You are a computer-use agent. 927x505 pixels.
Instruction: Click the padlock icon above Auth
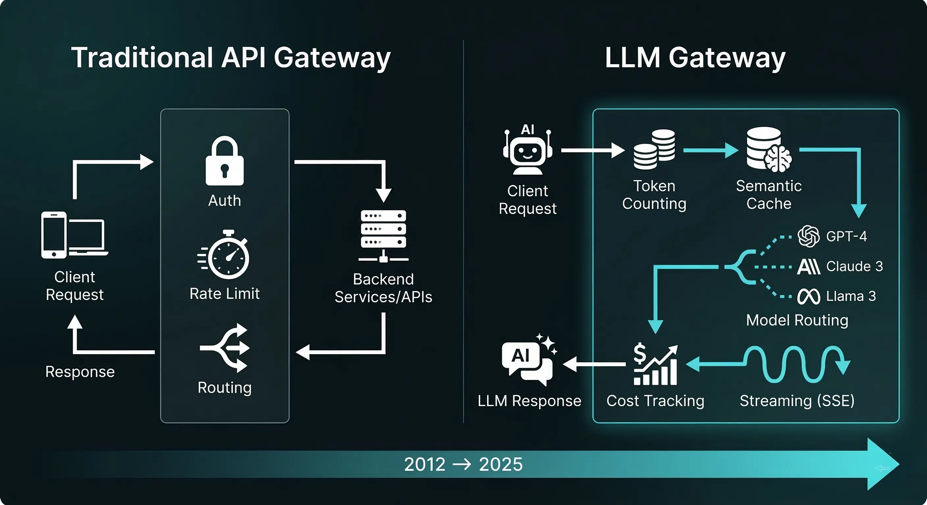225,161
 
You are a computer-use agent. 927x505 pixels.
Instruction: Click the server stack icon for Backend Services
384,235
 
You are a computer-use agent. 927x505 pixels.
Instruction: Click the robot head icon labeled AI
528,151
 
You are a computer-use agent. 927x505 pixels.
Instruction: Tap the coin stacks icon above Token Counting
654,149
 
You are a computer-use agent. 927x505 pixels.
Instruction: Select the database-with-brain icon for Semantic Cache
768,149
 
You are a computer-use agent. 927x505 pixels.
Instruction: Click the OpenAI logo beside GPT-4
808,236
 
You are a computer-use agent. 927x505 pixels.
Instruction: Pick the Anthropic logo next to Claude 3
808,267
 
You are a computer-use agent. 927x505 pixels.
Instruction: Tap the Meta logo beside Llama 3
808,297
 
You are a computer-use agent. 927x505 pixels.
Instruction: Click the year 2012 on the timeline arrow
425,464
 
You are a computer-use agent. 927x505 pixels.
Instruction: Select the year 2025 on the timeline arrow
501,464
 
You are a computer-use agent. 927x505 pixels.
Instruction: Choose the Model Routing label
797,320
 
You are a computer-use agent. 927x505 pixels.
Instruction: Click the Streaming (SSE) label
797,401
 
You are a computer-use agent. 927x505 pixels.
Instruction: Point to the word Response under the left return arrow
80,372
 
